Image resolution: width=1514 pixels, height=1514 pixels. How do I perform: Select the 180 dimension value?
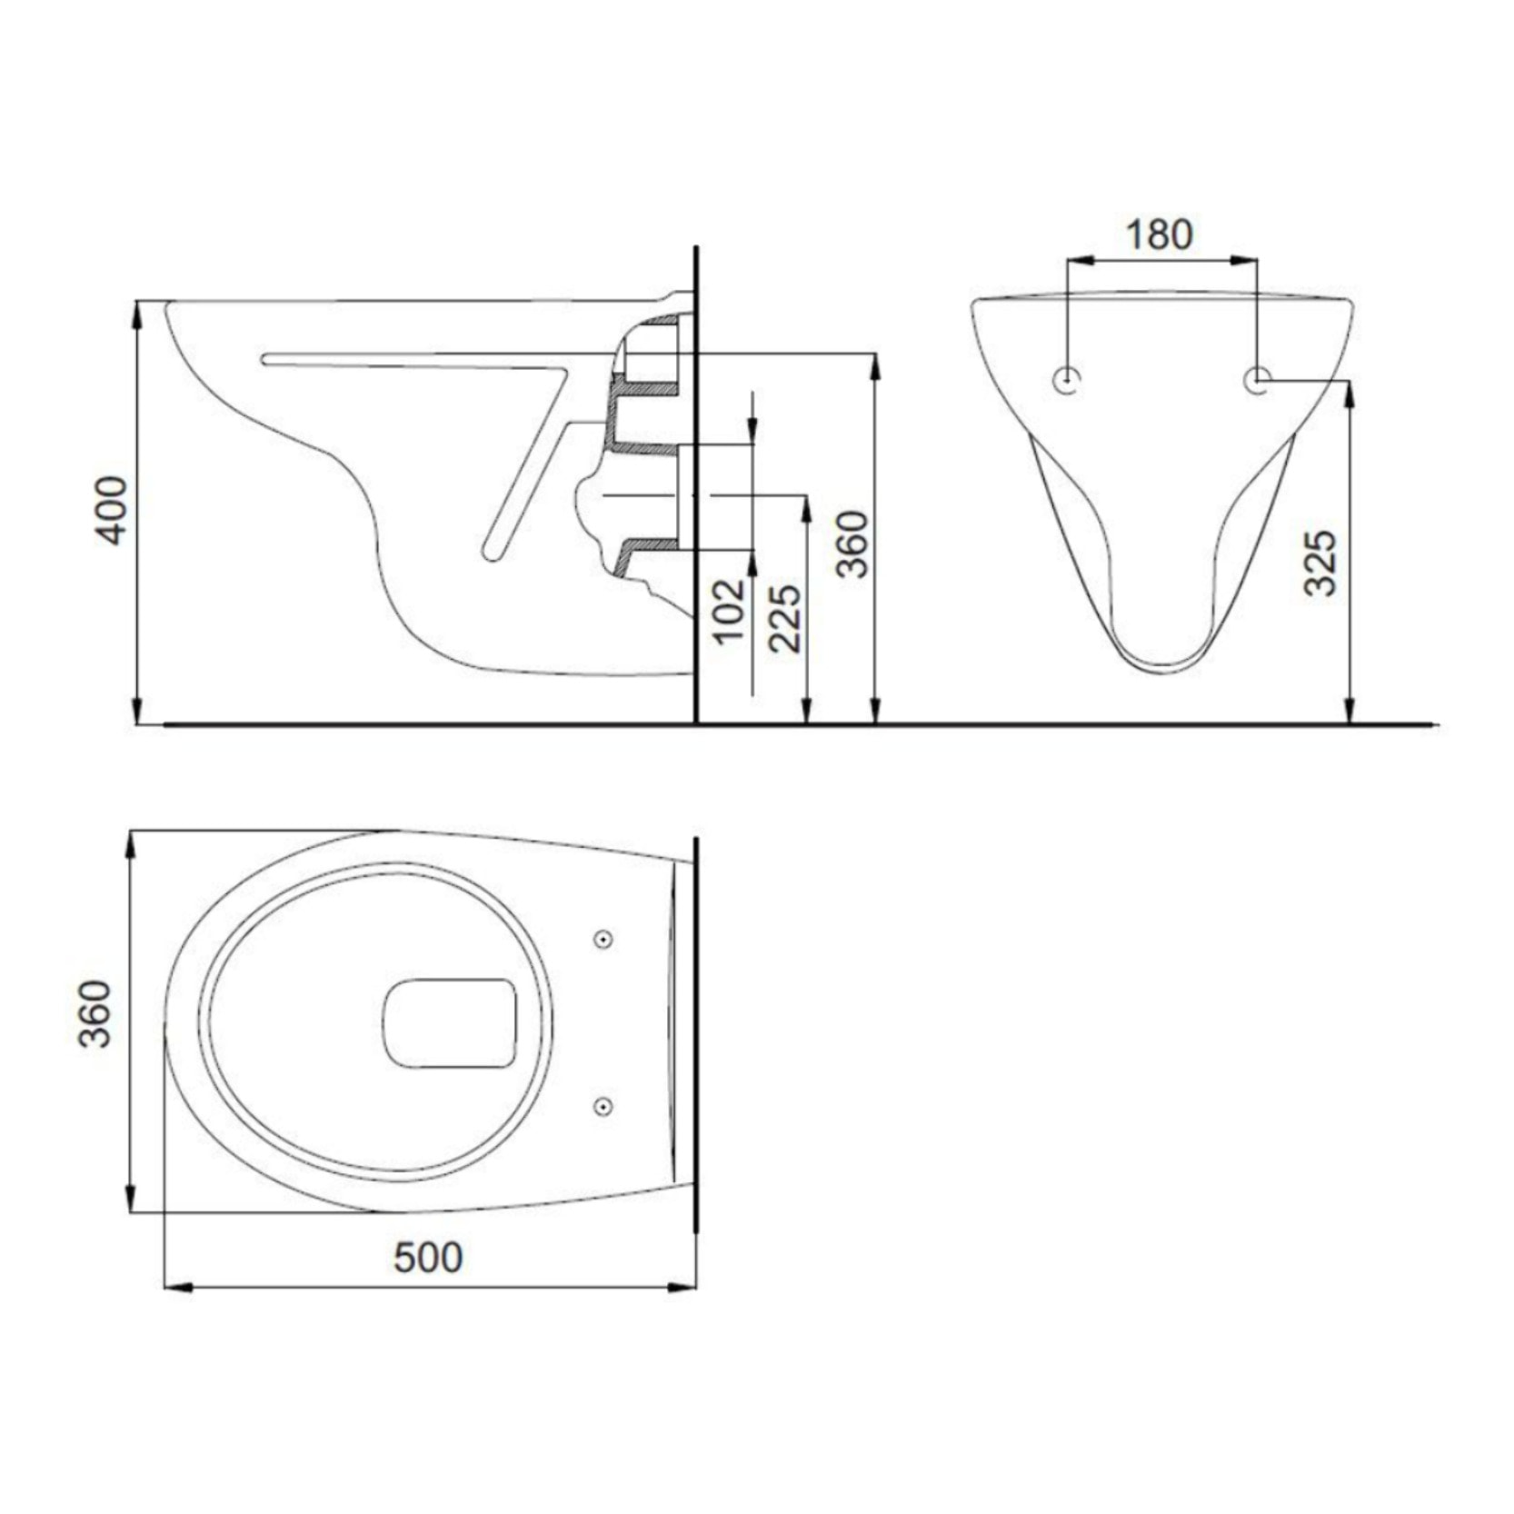point(1159,234)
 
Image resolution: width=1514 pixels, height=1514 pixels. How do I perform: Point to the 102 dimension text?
point(730,610)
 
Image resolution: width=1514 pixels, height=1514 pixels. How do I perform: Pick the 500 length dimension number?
point(428,1257)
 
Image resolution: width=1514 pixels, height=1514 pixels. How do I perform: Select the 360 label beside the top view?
point(94,1014)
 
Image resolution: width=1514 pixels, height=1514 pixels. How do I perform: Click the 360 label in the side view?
point(852,543)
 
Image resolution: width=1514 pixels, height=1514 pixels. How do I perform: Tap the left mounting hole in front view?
point(1067,381)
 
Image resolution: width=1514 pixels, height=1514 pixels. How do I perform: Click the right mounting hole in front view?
point(1258,381)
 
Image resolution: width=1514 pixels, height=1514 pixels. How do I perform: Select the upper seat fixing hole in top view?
point(603,939)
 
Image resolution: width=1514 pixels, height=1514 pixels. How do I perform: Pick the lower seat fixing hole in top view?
point(603,1106)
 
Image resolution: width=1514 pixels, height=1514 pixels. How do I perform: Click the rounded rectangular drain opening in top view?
point(449,1022)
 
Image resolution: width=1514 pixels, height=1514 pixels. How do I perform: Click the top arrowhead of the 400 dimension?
point(137,313)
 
